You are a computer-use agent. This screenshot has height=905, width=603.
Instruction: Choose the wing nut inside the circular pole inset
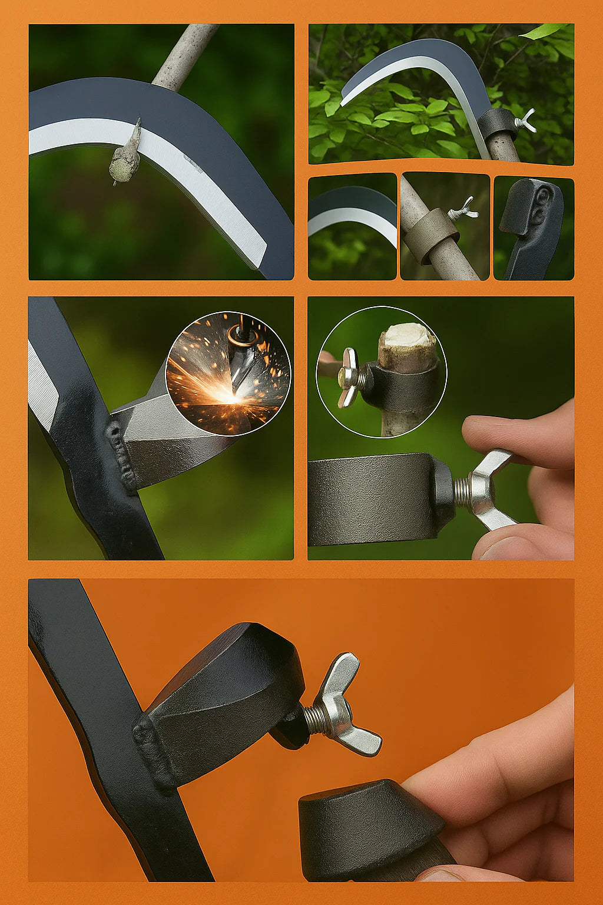[348, 377]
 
